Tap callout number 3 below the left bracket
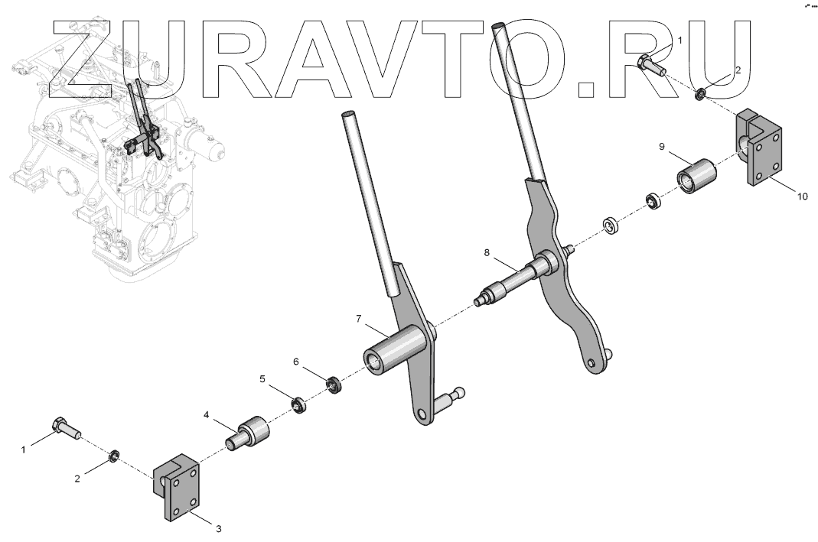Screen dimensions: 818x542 pyautogui.click(x=219, y=529)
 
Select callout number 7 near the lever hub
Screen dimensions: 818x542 pyautogui.click(x=358, y=319)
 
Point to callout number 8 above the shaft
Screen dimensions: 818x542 pyautogui.click(x=487, y=253)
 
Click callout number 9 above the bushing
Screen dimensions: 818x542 pyautogui.click(x=661, y=147)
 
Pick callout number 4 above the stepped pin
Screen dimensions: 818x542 pyautogui.click(x=206, y=415)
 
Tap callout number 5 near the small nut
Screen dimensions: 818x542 pyautogui.click(x=262, y=379)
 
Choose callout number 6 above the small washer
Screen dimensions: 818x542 pyautogui.click(x=296, y=361)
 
